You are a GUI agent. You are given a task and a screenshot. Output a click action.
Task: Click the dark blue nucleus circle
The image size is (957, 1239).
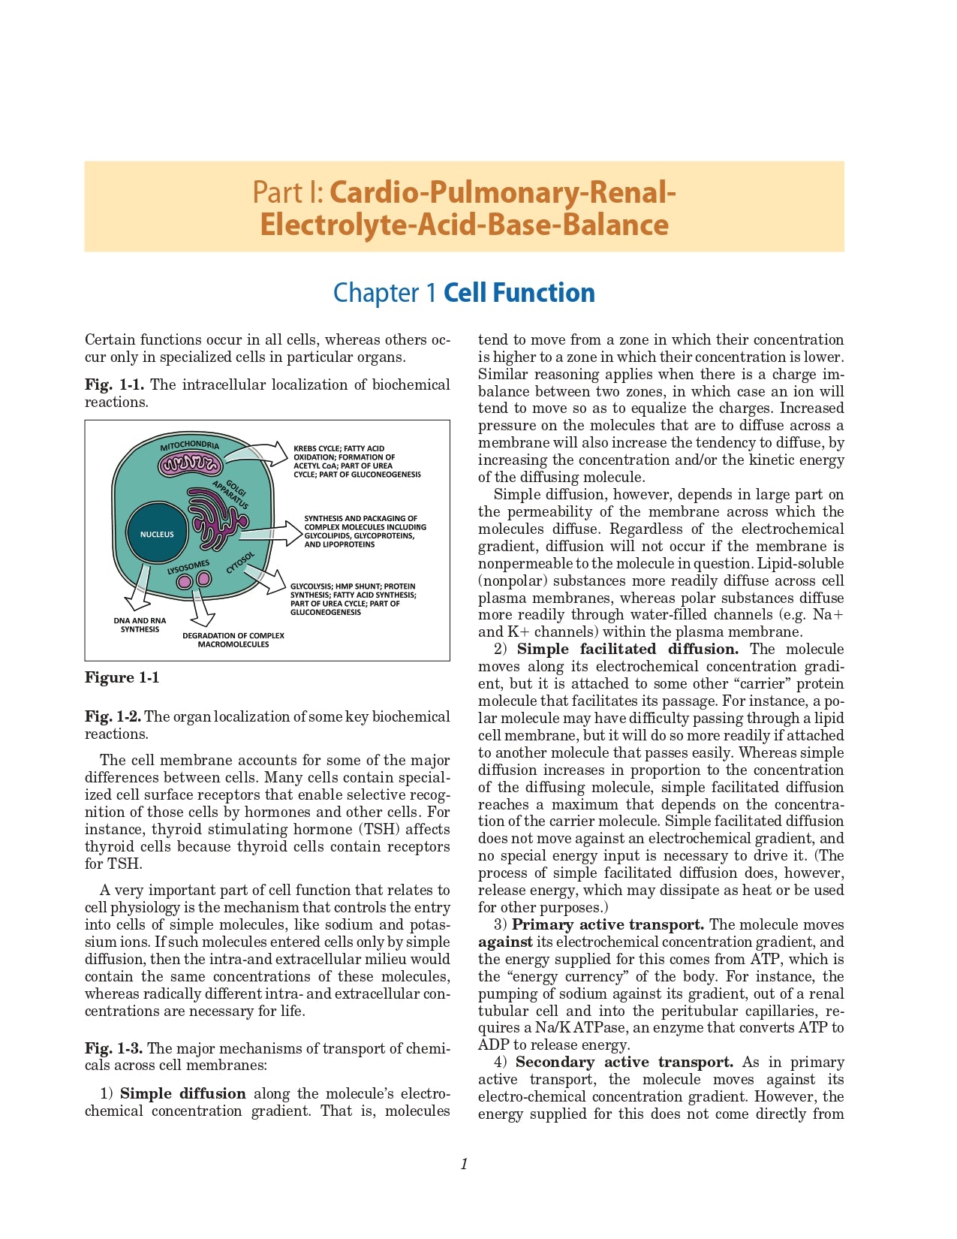pyautogui.click(x=157, y=534)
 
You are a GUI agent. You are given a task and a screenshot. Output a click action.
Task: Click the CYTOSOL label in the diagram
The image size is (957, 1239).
pyautogui.click(x=241, y=562)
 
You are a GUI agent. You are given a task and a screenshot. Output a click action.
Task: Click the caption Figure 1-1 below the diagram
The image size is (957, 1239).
pyautogui.click(x=122, y=677)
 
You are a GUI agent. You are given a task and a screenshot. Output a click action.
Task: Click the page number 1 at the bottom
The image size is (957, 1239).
pyautogui.click(x=464, y=1164)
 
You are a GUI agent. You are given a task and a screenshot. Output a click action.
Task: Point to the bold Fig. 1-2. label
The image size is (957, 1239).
pyautogui.click(x=113, y=716)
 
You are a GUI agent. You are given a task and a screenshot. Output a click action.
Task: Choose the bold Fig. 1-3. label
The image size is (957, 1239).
pyautogui.click(x=114, y=1048)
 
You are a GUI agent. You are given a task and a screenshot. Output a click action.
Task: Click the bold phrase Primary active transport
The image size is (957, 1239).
pyautogui.click(x=608, y=924)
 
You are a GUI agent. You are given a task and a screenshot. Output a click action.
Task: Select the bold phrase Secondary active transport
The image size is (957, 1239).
pyautogui.click(x=624, y=1062)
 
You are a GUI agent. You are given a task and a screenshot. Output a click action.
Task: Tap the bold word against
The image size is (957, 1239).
pyautogui.click(x=505, y=942)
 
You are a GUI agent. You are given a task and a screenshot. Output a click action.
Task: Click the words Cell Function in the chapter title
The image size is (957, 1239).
pyautogui.click(x=519, y=292)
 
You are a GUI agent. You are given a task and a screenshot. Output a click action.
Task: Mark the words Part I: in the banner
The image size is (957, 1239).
pyautogui.click(x=288, y=192)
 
